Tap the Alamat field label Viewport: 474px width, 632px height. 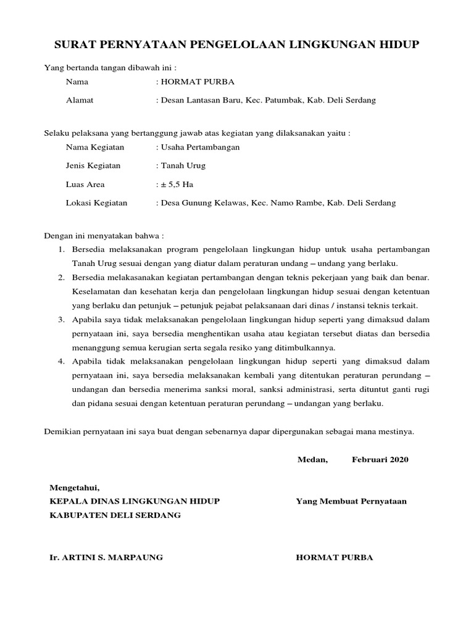tap(80, 100)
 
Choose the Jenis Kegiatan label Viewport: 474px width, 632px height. tap(93, 165)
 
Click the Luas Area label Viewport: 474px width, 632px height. tap(85, 184)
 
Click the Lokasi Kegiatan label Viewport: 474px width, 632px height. tap(96, 202)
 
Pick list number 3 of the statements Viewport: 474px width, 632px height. tap(62, 319)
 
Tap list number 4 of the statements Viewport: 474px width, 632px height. tap(62, 360)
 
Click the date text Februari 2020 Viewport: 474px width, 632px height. tap(380, 460)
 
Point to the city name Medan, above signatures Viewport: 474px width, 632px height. tap(313, 460)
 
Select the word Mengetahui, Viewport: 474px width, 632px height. tap(74, 488)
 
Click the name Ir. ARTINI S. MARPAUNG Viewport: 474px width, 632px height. tap(106, 557)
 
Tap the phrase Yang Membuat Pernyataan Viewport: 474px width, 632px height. tap(351, 501)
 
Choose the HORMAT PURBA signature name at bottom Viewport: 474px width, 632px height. tap(335, 557)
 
